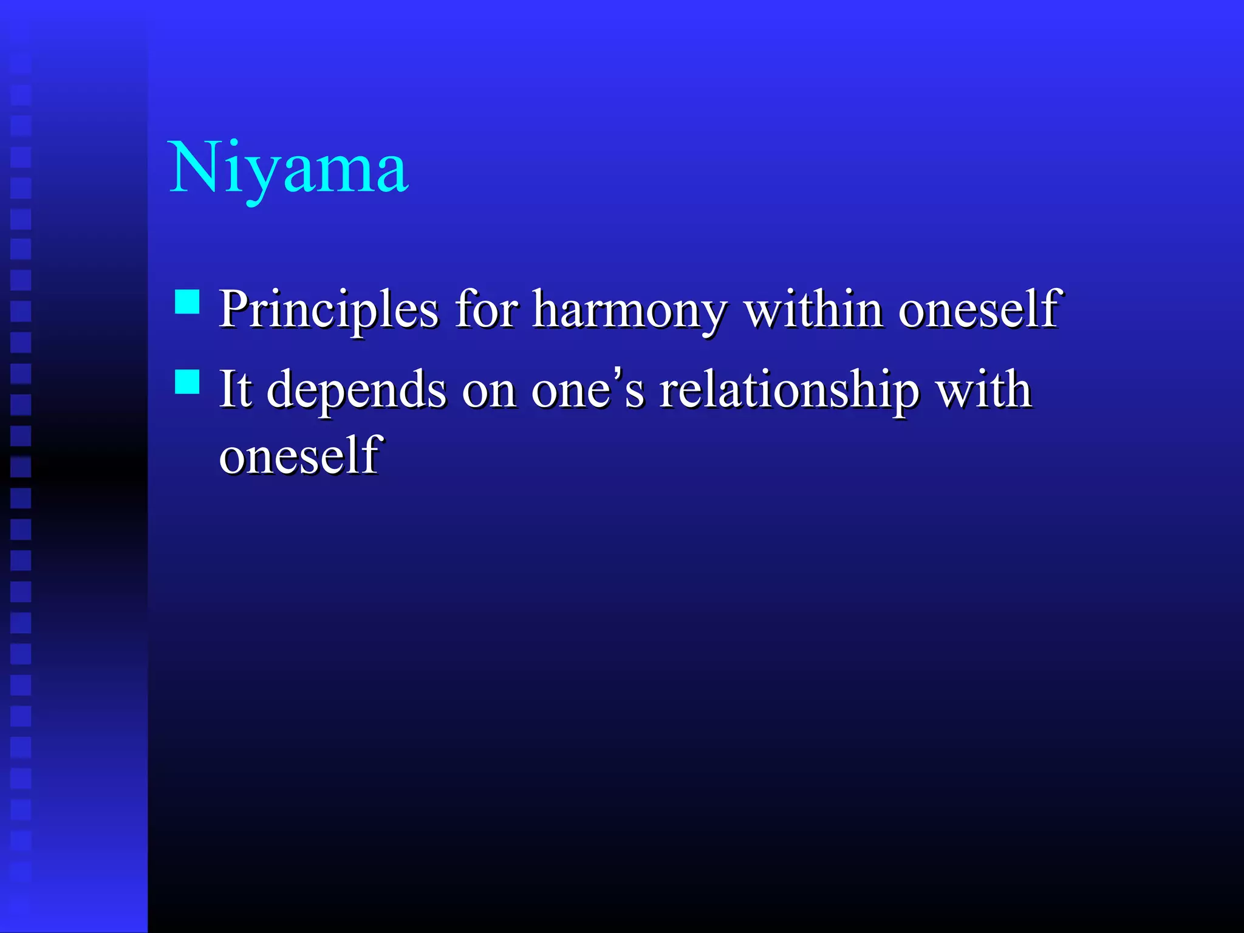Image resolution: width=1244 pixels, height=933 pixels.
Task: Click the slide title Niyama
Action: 289,168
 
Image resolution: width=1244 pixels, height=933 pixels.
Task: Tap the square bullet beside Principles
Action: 187,301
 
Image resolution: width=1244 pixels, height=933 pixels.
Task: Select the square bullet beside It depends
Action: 187,382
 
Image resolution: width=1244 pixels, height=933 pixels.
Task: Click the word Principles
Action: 328,310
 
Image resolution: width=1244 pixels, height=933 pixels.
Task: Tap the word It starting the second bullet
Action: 235,389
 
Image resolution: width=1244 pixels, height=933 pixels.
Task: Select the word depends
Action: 356,390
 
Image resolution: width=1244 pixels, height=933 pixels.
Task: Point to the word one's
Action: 587,389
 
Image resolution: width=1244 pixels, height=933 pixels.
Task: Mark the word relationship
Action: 789,390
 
